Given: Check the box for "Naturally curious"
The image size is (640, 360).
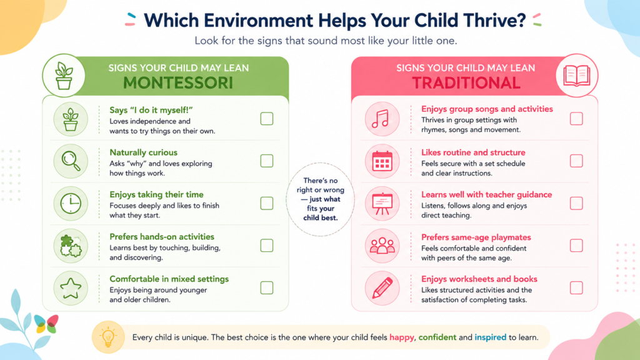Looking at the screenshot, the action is [x=266, y=161].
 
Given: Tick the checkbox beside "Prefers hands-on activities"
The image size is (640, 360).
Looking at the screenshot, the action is [x=266, y=245].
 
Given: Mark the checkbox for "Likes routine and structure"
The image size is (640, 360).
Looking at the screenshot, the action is [x=576, y=161].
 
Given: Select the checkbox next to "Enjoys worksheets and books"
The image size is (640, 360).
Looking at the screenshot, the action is [x=576, y=287].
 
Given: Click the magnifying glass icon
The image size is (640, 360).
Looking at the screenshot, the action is [x=71, y=161].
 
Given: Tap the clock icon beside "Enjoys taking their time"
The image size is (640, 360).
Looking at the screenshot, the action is [x=71, y=203].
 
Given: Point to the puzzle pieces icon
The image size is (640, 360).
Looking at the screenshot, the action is [x=71, y=246].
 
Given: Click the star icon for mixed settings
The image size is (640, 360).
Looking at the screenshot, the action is [x=71, y=288].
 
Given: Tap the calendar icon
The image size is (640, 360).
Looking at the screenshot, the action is [x=382, y=161].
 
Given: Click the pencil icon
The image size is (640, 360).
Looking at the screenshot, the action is [x=382, y=288].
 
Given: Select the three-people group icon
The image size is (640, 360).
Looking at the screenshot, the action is [x=382, y=246].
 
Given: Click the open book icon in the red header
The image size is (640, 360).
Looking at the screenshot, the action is [x=577, y=76].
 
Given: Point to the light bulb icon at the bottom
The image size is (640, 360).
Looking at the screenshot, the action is [x=108, y=337].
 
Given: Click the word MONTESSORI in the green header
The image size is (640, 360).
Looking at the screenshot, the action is [x=178, y=83].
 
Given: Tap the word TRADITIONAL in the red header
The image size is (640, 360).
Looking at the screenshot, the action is [x=466, y=83].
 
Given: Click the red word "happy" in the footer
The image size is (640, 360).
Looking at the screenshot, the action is [x=402, y=337].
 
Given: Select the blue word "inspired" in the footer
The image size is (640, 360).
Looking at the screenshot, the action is [x=490, y=337].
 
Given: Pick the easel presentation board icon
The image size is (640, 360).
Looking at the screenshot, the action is [x=382, y=203].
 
